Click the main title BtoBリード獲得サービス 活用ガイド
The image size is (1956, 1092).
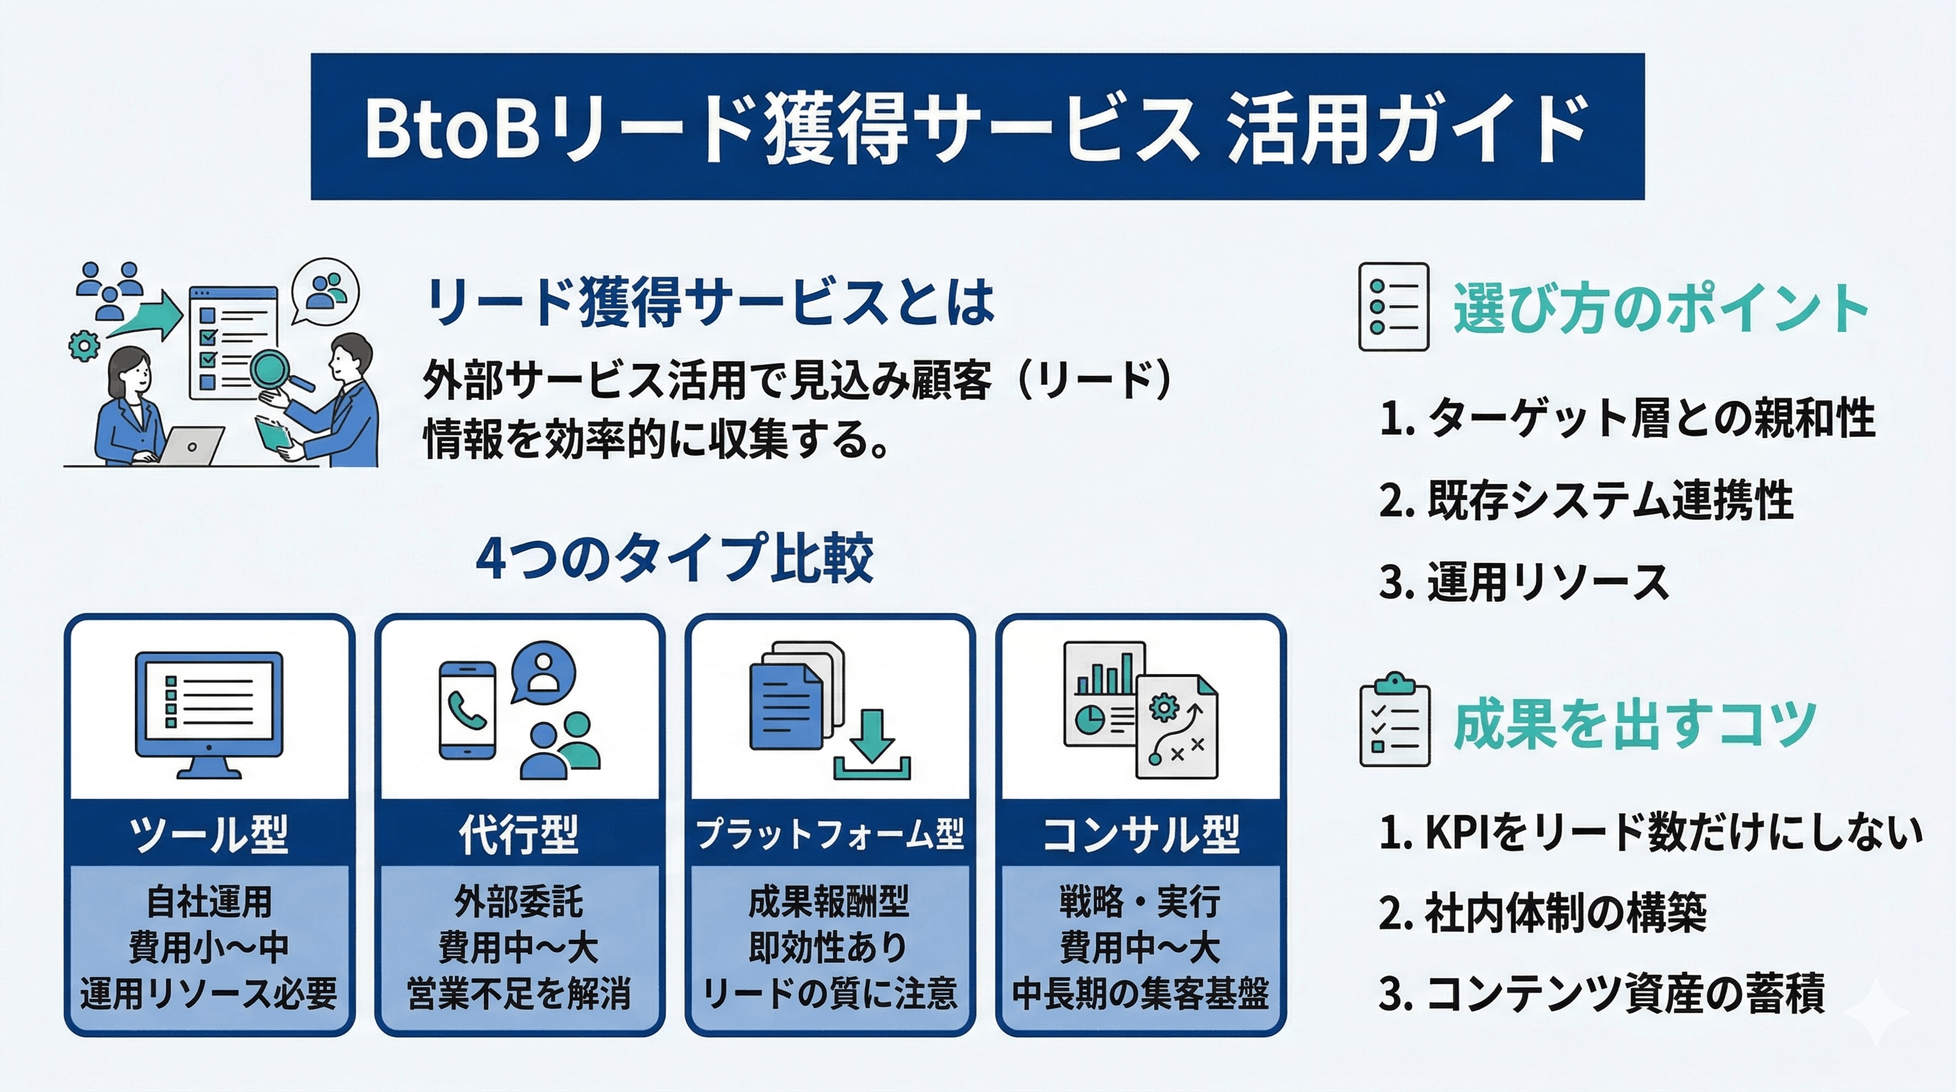tap(977, 127)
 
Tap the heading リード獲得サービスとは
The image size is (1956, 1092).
tap(710, 302)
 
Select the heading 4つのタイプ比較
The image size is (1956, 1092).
tap(675, 558)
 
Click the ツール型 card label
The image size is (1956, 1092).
tap(209, 834)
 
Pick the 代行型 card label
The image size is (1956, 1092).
tap(520, 834)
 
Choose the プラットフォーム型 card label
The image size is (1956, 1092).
tap(830, 834)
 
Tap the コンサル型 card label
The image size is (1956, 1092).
tap(1141, 834)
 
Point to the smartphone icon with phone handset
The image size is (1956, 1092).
tap(467, 710)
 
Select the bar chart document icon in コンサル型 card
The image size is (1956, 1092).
tap(1105, 692)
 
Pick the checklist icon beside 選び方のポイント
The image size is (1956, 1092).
tap(1393, 307)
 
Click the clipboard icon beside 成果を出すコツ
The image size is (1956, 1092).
tap(1394, 721)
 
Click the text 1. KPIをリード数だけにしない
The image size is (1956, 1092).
tap(1650, 833)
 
